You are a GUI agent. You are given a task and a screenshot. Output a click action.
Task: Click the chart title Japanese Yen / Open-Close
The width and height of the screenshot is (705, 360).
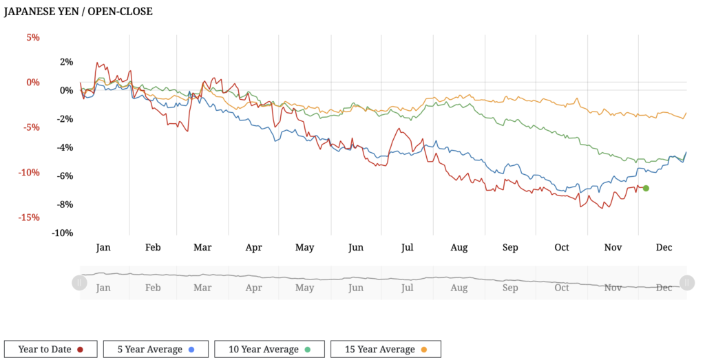click(x=78, y=12)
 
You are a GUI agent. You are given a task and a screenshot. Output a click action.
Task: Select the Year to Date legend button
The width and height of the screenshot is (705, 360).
click(x=50, y=349)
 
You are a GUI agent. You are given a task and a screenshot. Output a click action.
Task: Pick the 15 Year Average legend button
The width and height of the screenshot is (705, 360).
click(x=386, y=349)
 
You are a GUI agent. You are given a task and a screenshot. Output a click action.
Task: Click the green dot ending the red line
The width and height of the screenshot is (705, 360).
click(x=646, y=188)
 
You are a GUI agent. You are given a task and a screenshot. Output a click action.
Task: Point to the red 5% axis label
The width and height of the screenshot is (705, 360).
click(x=33, y=37)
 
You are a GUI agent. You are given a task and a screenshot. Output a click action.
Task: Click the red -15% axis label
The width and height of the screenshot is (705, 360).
click(x=28, y=218)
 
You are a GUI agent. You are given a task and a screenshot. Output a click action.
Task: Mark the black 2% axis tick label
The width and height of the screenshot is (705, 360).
click(x=66, y=62)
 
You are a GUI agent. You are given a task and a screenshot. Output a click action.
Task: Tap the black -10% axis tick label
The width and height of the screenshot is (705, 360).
click(x=62, y=233)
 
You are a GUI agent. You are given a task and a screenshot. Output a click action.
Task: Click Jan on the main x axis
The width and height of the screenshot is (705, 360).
click(x=103, y=247)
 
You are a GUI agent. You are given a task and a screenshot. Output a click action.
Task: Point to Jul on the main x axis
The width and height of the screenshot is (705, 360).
click(x=407, y=247)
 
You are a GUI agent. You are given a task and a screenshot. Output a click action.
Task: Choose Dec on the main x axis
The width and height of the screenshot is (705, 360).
click(x=664, y=247)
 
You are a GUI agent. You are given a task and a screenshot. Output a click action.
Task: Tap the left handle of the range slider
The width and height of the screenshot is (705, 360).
click(x=80, y=282)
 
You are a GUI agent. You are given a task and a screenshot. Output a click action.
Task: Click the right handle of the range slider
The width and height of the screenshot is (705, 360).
click(x=686, y=282)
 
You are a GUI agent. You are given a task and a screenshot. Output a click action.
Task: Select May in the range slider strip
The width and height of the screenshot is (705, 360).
click(x=305, y=288)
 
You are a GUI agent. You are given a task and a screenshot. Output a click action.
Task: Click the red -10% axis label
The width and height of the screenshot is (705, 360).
click(x=28, y=172)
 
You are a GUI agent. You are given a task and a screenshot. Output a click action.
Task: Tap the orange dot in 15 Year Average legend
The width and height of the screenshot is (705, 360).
click(x=424, y=350)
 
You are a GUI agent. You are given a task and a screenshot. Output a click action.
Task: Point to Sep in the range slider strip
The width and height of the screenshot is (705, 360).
click(x=510, y=288)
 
